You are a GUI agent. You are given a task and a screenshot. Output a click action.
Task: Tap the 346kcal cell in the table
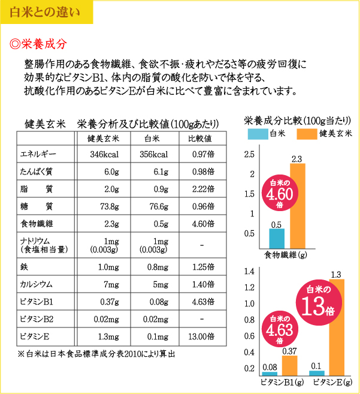point(103,155)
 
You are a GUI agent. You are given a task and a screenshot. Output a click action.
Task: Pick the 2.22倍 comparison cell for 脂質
point(202,189)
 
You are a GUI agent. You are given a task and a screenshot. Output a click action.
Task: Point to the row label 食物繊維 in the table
point(37,224)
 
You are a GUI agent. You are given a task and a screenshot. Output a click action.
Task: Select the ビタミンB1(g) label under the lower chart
point(281,381)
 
